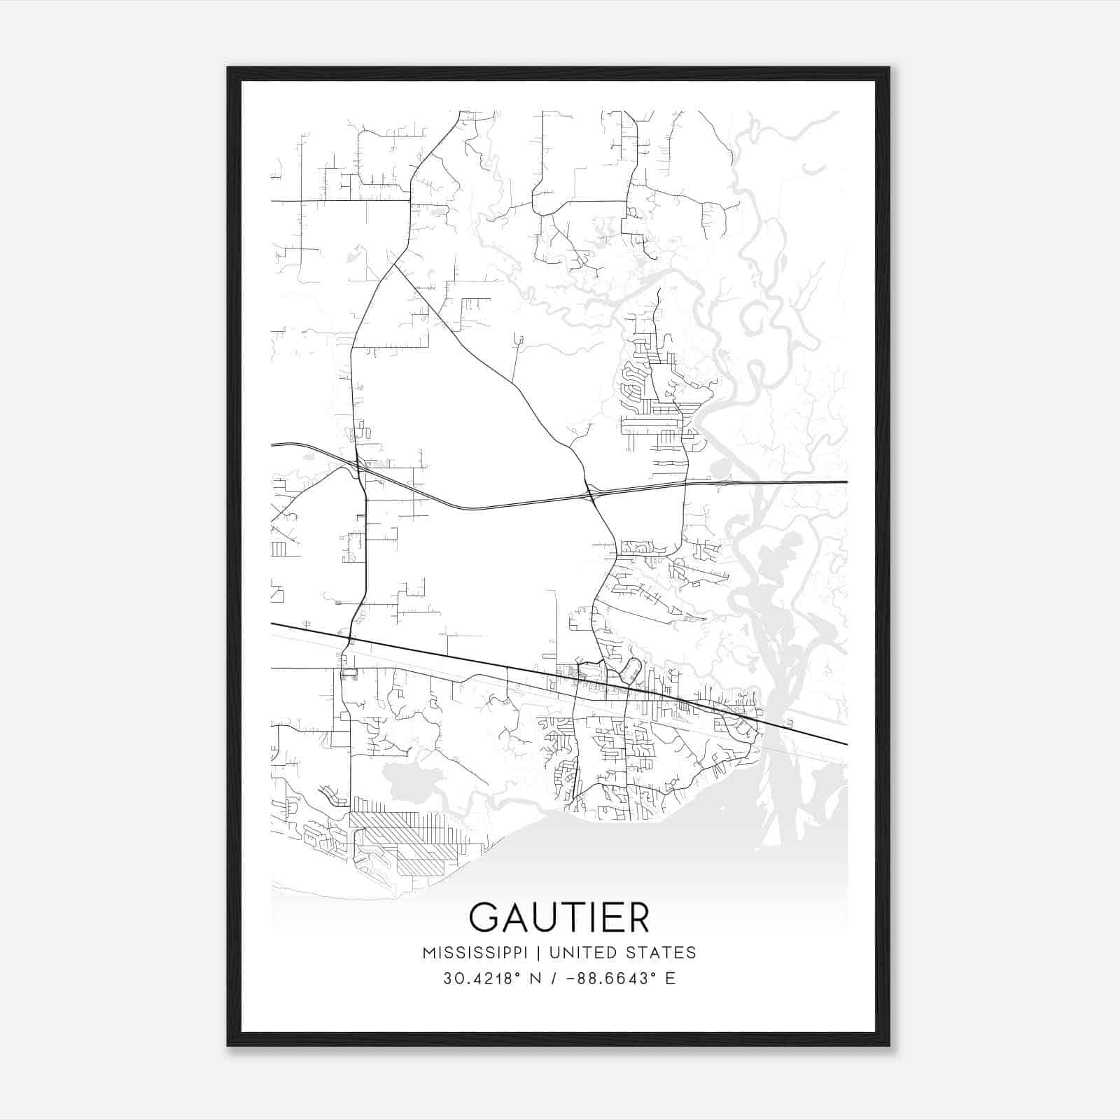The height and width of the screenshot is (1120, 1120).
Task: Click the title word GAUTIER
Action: click(x=559, y=918)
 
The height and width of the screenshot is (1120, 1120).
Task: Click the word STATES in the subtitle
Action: click(x=660, y=953)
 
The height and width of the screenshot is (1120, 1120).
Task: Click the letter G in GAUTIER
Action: click(x=485, y=918)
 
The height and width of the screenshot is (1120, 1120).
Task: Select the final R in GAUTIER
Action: click(x=638, y=918)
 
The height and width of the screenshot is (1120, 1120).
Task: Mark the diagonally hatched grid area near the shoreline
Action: click(x=406, y=840)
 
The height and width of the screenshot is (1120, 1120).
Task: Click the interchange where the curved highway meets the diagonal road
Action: click(x=590, y=494)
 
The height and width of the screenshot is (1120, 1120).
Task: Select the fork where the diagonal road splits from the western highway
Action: click(x=395, y=264)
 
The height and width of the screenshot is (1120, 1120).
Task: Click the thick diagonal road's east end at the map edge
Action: click(x=846, y=744)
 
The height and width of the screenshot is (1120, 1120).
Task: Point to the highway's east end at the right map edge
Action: click(x=846, y=482)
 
